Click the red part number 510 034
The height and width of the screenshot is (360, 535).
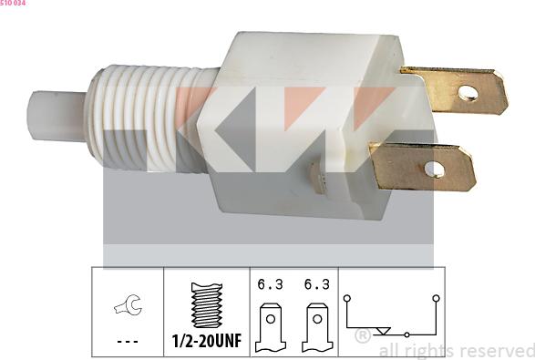(x=13, y=4)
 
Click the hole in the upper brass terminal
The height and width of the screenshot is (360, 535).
(x=468, y=92)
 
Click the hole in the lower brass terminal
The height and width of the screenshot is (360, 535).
(x=435, y=170)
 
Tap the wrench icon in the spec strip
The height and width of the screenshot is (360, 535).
(x=127, y=309)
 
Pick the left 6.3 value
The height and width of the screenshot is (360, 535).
(x=271, y=284)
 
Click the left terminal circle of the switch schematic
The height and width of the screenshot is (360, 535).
(x=346, y=298)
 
